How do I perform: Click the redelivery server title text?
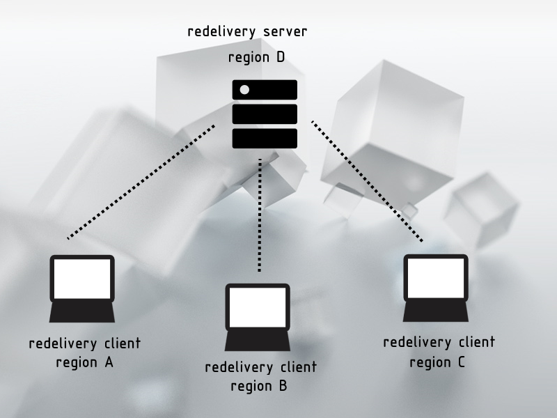247,32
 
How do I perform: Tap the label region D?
256,57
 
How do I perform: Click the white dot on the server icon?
244,89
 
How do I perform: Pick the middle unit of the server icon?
265,114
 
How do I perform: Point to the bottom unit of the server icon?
265,138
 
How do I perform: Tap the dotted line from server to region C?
367,181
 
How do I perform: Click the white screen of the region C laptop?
436,278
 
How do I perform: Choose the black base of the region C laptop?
436,311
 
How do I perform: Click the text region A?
84,363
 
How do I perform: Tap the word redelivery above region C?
416,342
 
